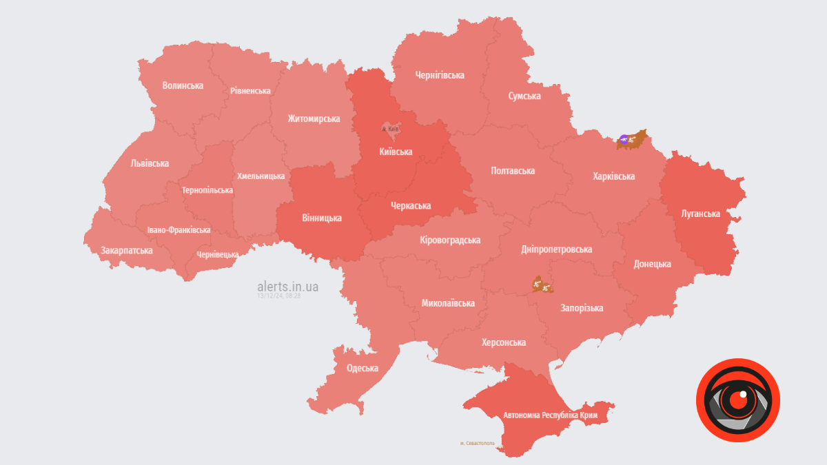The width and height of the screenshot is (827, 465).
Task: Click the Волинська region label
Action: click(x=183, y=85)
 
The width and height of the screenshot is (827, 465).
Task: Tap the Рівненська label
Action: click(x=250, y=90)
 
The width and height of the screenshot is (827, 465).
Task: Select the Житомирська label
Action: click(x=314, y=118)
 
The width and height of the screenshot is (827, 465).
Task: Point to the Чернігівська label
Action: click(x=439, y=75)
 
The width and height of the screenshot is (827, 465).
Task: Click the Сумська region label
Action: click(x=524, y=96)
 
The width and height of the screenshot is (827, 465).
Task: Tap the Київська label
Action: click(x=396, y=152)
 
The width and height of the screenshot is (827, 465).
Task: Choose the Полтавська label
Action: click(x=512, y=170)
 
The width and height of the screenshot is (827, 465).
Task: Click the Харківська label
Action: click(x=613, y=176)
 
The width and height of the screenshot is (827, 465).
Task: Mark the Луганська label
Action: click(x=700, y=214)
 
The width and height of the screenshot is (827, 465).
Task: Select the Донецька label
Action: click(x=652, y=264)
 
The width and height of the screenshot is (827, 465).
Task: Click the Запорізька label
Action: click(x=582, y=308)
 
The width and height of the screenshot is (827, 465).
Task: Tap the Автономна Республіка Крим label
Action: click(x=550, y=415)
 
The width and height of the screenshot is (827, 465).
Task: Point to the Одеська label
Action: click(x=362, y=368)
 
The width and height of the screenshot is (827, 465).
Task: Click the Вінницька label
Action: click(x=321, y=218)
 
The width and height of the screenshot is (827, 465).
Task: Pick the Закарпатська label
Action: click(x=126, y=250)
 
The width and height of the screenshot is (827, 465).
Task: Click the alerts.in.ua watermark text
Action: click(x=287, y=286)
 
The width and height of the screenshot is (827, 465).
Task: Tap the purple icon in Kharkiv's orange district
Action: click(x=623, y=140)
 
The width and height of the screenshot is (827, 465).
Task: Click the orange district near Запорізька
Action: click(x=541, y=285)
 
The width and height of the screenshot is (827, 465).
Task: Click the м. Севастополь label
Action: click(x=477, y=443)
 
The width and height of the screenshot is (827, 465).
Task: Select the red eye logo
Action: click(x=737, y=400)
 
